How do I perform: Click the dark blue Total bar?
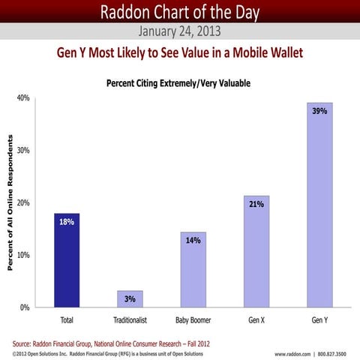pyautogui.click(x=67, y=260)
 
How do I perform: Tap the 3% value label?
pyautogui.click(x=129, y=299)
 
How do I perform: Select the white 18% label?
pyautogui.click(x=67, y=222)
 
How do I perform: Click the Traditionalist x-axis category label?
pyautogui.click(x=129, y=319)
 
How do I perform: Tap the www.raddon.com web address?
pyautogui.click(x=297, y=352)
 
